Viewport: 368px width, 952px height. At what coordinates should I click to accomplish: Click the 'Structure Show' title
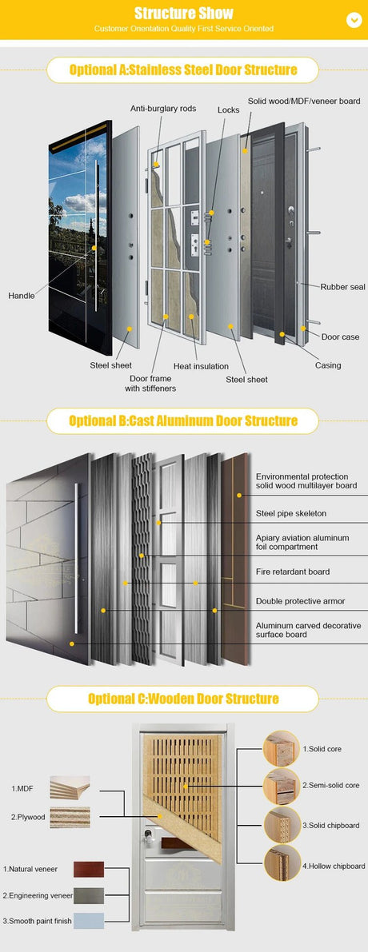click(183, 13)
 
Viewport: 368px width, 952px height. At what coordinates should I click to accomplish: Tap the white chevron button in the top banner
click(354, 19)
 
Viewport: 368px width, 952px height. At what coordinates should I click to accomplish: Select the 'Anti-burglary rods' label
click(164, 109)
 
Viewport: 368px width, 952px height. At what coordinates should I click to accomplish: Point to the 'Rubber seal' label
click(342, 286)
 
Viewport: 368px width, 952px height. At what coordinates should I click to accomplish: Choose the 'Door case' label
click(340, 337)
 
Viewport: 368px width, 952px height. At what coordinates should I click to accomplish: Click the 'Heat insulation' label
click(201, 366)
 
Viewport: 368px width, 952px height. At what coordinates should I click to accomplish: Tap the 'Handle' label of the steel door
click(22, 296)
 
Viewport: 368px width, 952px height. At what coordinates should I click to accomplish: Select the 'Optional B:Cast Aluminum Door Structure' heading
click(183, 420)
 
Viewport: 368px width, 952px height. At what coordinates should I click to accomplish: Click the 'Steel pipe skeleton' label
click(290, 513)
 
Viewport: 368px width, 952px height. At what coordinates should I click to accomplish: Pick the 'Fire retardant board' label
click(292, 572)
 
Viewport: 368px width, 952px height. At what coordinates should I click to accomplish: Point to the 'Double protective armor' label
click(298, 600)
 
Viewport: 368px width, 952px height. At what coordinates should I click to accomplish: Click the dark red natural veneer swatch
click(88, 869)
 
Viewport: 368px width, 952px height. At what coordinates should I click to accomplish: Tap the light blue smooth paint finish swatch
click(88, 921)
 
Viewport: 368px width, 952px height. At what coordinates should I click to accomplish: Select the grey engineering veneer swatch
click(88, 895)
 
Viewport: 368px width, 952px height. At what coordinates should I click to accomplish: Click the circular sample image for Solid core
click(281, 749)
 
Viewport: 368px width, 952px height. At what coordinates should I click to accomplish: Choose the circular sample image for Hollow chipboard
click(281, 863)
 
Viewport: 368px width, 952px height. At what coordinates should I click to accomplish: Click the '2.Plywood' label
click(27, 817)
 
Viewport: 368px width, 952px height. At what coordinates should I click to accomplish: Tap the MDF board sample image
click(70, 787)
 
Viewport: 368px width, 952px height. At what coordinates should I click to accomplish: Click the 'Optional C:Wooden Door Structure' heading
click(183, 699)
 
